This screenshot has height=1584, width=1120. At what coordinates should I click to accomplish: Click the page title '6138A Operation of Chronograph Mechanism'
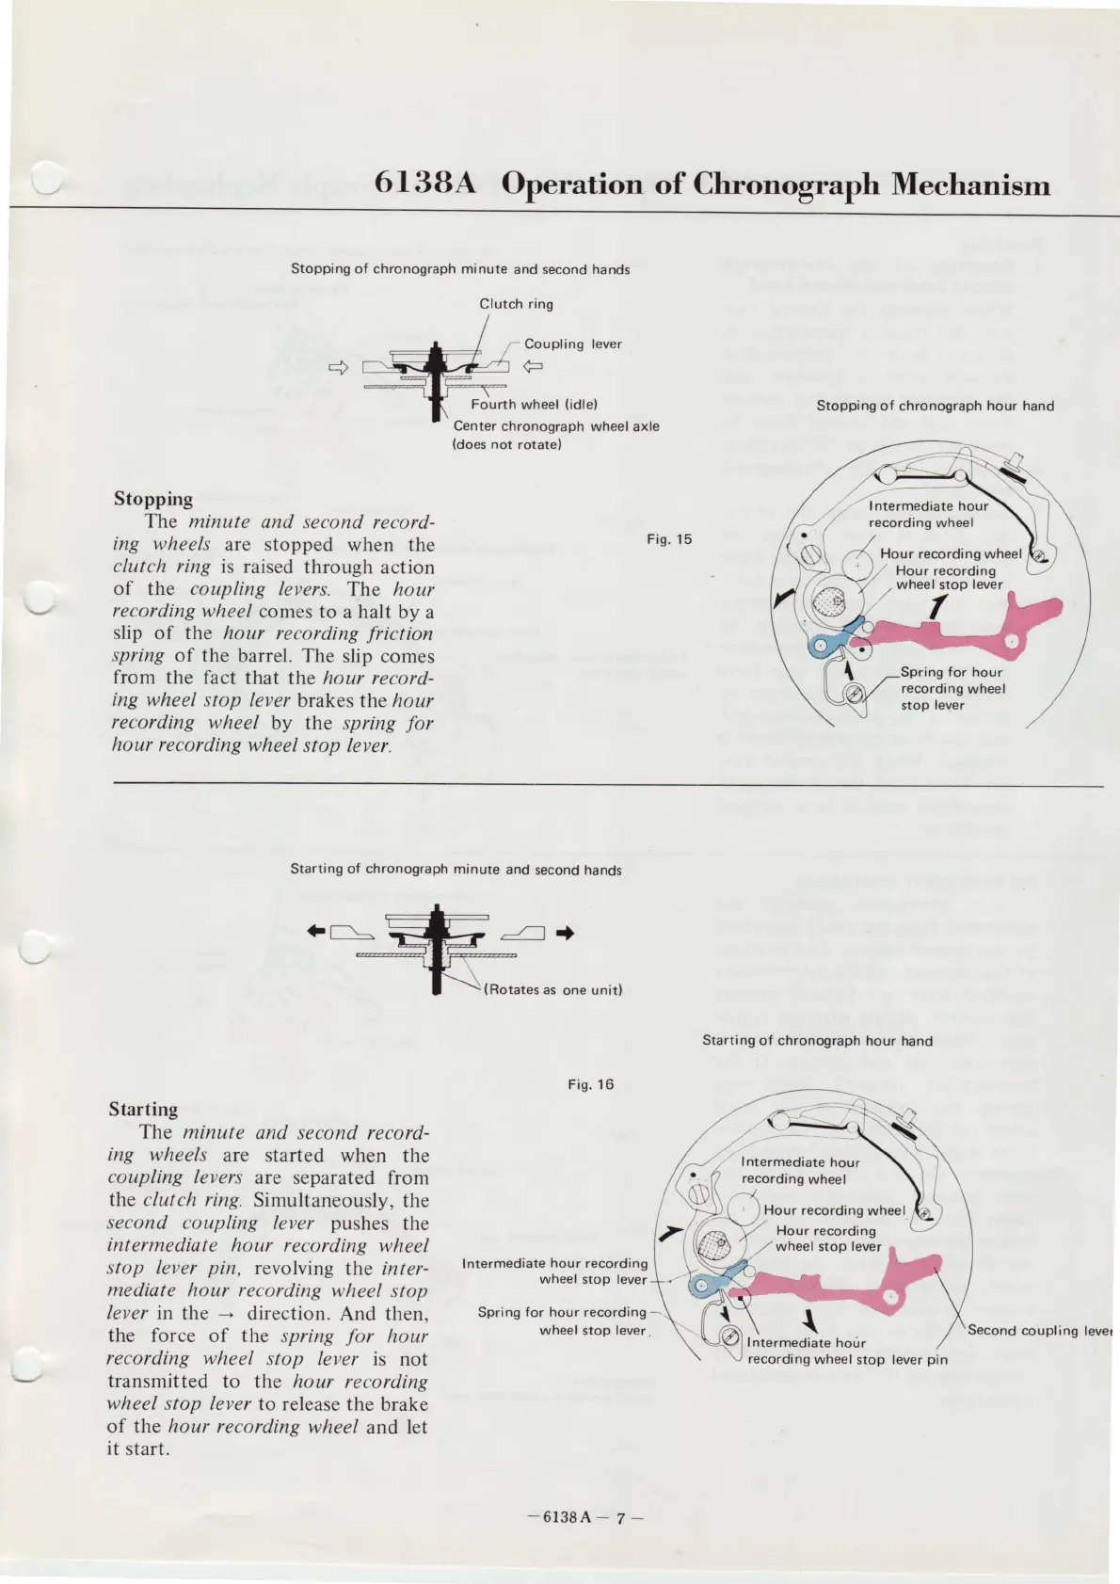712,183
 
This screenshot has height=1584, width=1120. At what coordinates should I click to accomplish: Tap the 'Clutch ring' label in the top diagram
516,304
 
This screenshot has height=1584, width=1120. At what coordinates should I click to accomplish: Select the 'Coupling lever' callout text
572,344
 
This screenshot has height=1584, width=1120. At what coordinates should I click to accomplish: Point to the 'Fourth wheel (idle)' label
534,405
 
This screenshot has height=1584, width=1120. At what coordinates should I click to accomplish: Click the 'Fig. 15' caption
669,539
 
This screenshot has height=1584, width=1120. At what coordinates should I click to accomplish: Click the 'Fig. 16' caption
591,1084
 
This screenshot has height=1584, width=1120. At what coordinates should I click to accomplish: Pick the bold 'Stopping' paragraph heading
153,499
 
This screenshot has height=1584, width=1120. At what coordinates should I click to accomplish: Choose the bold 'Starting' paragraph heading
143,1109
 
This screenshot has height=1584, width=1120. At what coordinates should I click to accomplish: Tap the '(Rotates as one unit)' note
553,989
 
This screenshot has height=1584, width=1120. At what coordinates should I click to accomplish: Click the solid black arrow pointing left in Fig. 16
317,932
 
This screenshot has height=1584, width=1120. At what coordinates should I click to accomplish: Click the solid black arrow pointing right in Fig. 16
565,934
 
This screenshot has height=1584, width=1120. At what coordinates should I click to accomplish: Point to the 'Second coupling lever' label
1039,1330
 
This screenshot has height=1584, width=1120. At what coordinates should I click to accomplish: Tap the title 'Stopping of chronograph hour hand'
935,406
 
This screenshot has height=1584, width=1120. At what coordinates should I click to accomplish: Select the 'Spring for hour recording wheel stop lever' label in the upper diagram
951,688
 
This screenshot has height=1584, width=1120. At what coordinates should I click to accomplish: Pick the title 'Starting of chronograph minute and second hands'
456,870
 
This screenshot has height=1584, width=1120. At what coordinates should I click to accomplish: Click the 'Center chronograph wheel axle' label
555,426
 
